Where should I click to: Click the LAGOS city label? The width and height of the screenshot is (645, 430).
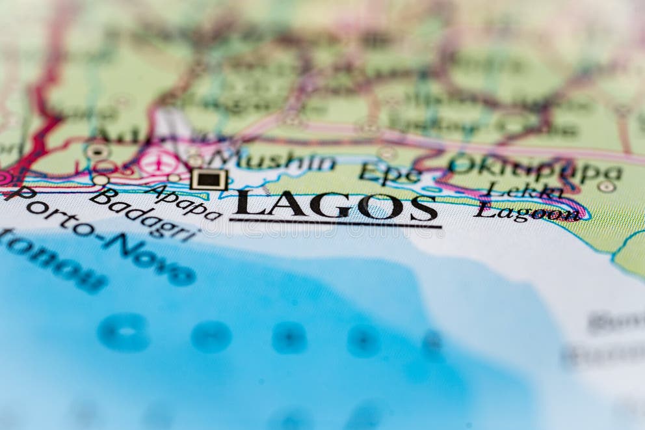point(336,206)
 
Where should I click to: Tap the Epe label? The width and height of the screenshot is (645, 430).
point(389,174)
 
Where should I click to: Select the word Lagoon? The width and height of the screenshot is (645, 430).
point(526,211)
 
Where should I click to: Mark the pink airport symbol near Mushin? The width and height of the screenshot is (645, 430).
point(156,161)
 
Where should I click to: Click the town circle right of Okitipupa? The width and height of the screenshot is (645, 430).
point(606,187)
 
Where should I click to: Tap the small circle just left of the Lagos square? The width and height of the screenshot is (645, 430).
point(174,178)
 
